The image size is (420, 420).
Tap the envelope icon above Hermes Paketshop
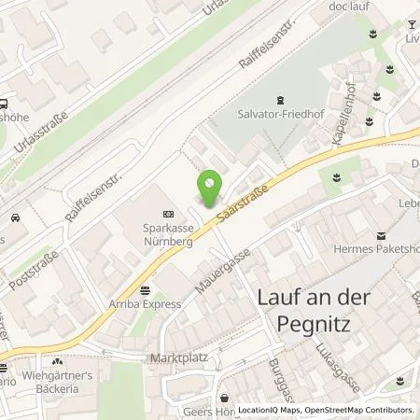pos(380,236)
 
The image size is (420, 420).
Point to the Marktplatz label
pos(171,358)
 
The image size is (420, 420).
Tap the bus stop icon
pos(5,105)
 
